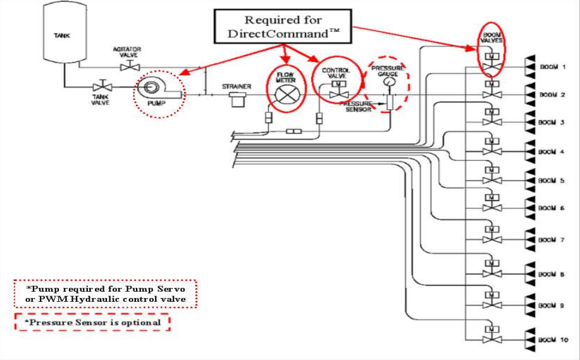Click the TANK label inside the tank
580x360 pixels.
[61, 35]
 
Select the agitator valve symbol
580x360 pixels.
[131, 66]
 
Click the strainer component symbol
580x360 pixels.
[237, 99]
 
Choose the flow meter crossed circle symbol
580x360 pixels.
[285, 97]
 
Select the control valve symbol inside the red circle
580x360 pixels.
[335, 90]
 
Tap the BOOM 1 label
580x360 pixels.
[552, 66]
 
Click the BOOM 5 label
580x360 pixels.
[552, 180]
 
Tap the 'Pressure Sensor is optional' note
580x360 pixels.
[92, 322]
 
